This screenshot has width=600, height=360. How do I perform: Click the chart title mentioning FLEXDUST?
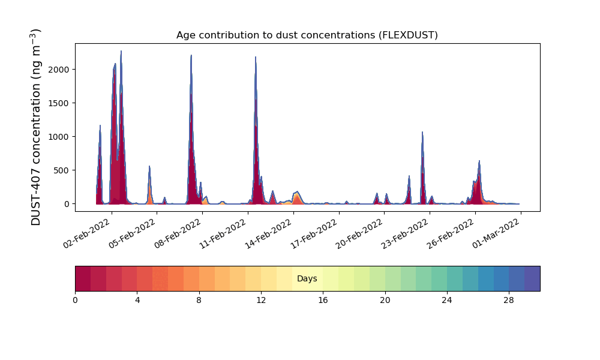pos(307,35)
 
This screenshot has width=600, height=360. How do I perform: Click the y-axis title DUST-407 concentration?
pos(37,127)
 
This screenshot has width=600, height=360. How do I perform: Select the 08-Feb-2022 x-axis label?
pos(178,231)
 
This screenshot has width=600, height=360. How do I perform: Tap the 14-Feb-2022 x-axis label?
pos(269,231)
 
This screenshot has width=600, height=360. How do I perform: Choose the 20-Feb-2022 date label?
pos(361,231)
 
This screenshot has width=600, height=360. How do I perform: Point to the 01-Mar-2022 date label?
pos(497,231)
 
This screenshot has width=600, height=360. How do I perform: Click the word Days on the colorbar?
pos(307,279)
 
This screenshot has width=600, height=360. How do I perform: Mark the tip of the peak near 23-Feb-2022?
pos(422,132)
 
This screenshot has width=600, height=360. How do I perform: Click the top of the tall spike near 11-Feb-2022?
pos(256,58)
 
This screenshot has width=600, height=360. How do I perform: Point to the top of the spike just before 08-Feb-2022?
pos(191,56)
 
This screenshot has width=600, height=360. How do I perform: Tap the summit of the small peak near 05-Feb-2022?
pos(149,166)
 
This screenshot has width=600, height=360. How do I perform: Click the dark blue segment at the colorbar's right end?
pos(532,278)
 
